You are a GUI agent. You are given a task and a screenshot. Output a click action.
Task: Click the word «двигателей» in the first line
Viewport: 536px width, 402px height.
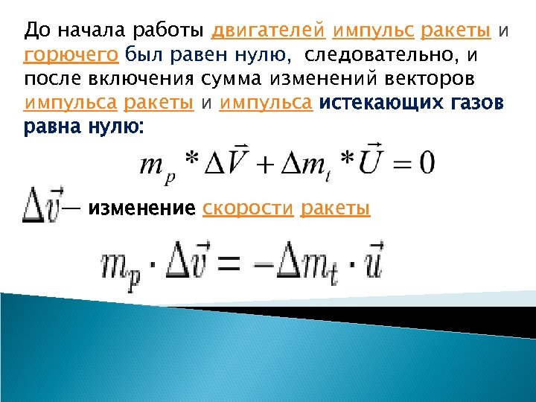point(269,31)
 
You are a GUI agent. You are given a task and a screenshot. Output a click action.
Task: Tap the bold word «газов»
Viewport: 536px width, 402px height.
point(476,102)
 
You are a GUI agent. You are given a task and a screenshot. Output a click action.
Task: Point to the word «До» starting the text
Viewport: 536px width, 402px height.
point(35,31)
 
